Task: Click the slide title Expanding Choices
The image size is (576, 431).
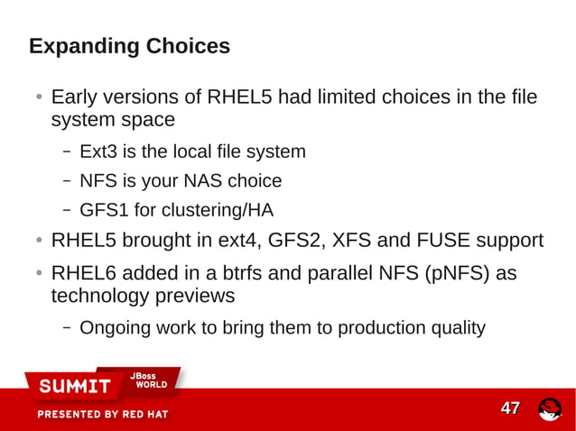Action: click(x=129, y=46)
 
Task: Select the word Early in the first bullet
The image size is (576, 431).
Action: click(x=75, y=96)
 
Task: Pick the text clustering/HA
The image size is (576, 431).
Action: click(x=218, y=211)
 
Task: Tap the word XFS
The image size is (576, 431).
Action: click(x=355, y=241)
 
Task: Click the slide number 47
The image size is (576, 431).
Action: click(x=510, y=408)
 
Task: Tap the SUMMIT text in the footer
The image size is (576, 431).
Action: click(x=74, y=387)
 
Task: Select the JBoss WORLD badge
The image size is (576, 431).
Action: click(x=150, y=381)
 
